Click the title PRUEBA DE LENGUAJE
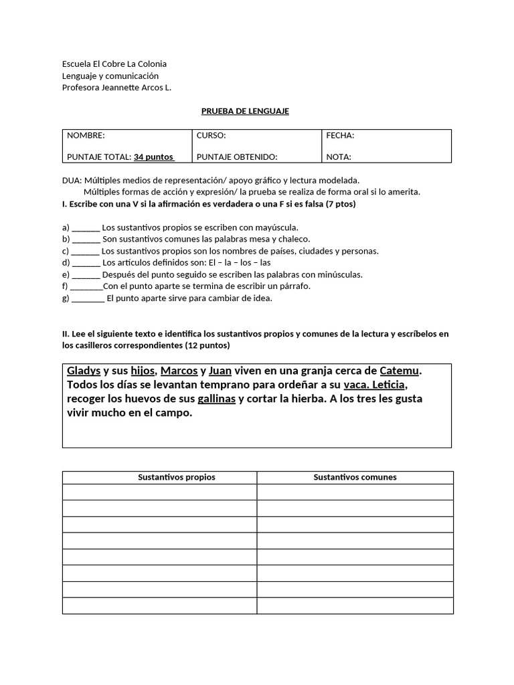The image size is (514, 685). pyautogui.click(x=245, y=111)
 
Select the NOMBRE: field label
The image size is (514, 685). pyautogui.click(x=86, y=135)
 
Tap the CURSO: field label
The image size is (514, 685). pyautogui.click(x=211, y=135)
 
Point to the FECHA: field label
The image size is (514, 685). pyautogui.click(x=340, y=135)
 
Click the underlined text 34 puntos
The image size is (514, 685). pyautogui.click(x=153, y=157)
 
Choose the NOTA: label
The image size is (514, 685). pyautogui.click(x=339, y=157)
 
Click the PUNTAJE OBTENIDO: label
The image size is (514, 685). pyautogui.click(x=237, y=157)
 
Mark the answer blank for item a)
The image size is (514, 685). pyautogui.click(x=86, y=228)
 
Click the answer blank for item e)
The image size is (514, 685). pyautogui.click(x=86, y=275)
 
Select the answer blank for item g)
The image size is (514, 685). pyautogui.click(x=88, y=299)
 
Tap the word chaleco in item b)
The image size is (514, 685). pyautogui.click(x=295, y=239)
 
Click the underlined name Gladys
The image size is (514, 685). pyautogui.click(x=84, y=371)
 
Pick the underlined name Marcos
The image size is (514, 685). pyautogui.click(x=179, y=371)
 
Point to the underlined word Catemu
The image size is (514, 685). pyautogui.click(x=400, y=371)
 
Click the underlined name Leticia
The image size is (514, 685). pyautogui.click(x=383, y=385)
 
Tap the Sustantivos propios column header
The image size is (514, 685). pyautogui.click(x=177, y=478)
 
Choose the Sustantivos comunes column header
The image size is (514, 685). pyautogui.click(x=355, y=478)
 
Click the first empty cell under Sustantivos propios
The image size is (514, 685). pyautogui.click(x=160, y=492)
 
